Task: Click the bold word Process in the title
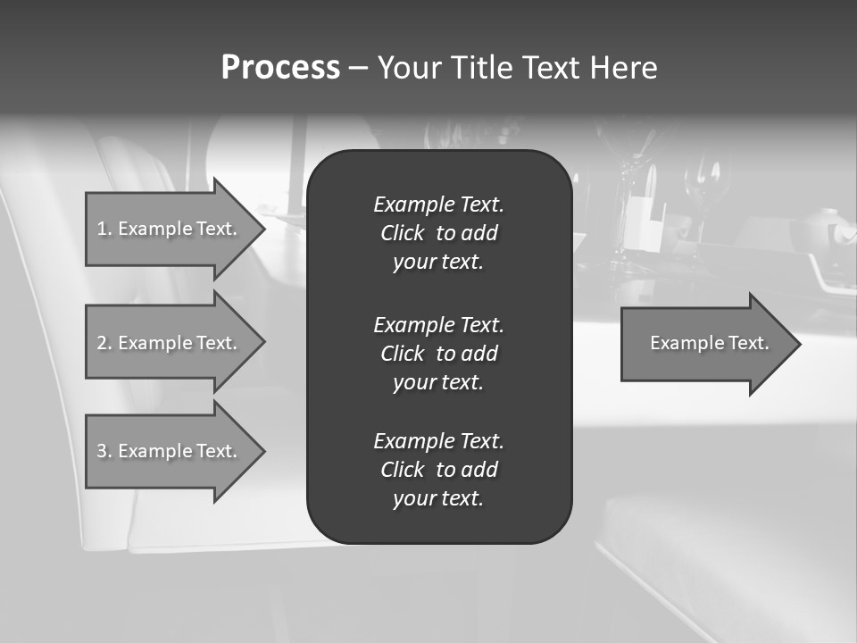coord(280,68)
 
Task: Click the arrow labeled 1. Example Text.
coord(170,229)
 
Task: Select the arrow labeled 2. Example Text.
coord(170,343)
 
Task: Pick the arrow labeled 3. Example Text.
coord(170,451)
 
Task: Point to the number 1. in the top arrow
coord(104,229)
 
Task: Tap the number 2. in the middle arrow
coord(104,343)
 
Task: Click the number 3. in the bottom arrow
coord(104,451)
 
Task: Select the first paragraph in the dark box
coord(438,233)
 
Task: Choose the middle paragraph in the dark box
coord(438,354)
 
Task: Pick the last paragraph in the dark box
coord(438,470)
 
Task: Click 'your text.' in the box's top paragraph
coord(438,263)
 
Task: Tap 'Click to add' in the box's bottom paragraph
coord(438,470)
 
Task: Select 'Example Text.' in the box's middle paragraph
coord(438,324)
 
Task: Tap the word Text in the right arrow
coord(748,343)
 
